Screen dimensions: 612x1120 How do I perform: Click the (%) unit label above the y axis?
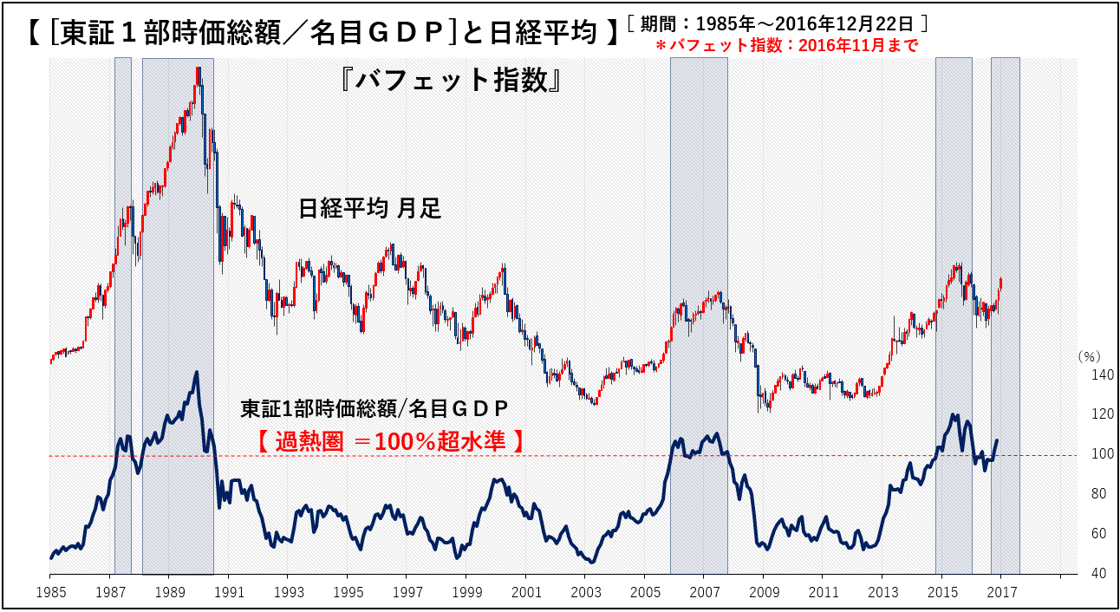point(1088,356)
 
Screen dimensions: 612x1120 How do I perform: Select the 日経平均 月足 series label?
point(370,208)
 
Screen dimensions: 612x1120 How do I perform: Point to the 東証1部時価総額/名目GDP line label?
point(374,407)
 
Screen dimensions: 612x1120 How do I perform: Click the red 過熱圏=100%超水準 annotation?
point(392,441)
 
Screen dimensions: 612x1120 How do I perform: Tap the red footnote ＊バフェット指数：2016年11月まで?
point(786,46)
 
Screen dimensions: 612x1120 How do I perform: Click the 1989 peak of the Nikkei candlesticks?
point(199,69)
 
